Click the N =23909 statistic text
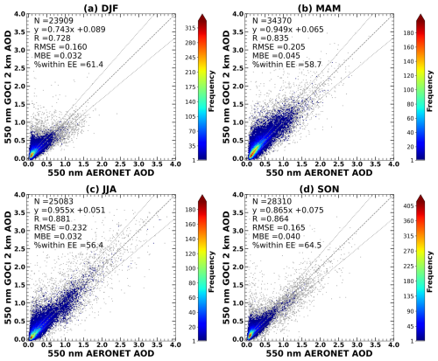pyautogui.click(x=50, y=20)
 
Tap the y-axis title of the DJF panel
pyautogui.click(x=7, y=87)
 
